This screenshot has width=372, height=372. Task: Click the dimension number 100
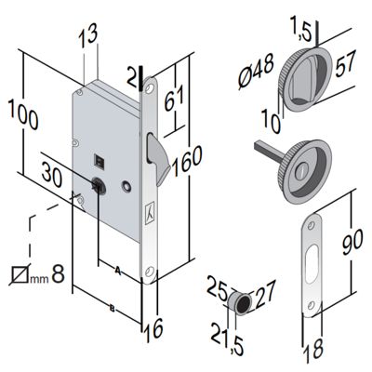pos(23,114)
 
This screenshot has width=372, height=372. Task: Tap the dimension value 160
pos(187,160)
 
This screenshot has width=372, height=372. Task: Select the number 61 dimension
pos(174,99)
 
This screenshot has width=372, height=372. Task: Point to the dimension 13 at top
pos(87,35)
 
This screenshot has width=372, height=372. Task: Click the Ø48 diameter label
pos(257,71)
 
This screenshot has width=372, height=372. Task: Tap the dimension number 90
pos(352,242)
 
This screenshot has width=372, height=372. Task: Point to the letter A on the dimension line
pos(117,270)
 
